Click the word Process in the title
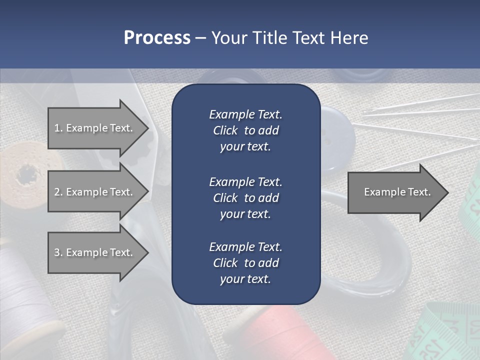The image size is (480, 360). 157,38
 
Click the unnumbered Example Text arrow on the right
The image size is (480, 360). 397,192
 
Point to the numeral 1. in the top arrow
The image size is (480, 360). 58,128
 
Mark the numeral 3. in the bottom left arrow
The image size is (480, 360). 58,252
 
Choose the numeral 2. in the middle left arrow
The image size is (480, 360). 58,192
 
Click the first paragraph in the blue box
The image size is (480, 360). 245,130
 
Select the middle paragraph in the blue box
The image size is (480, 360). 245,197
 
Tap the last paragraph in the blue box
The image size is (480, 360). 245,262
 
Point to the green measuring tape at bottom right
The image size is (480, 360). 445,335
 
